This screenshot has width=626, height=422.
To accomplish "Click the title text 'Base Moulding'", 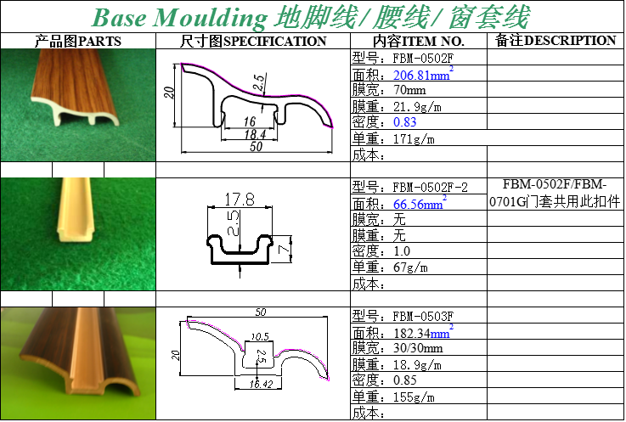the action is coord(179,17).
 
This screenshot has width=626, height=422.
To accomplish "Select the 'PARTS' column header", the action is coord(99,41).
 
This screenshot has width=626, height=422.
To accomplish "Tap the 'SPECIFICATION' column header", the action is coord(274,41).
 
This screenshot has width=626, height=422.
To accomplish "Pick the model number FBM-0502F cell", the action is coord(423,59).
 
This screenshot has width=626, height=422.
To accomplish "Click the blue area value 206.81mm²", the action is coord(423,74).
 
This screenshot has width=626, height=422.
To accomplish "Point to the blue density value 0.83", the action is coord(405,121).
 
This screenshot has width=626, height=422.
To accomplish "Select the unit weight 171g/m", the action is coord(414,139).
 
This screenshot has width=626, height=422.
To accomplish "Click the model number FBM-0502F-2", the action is coord(430,188).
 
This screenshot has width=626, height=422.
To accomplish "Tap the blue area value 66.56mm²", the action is coord(420,203).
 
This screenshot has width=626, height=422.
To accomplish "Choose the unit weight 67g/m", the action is coord(410,267).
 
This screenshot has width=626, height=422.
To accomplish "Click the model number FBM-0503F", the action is coord(423,317).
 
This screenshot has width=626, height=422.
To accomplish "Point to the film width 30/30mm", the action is coord(418,348).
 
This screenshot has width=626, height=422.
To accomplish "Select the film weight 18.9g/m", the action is coord(417,364).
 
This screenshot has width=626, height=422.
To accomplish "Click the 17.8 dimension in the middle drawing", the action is coord(240,199).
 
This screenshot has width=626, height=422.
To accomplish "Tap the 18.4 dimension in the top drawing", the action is coord(255,134).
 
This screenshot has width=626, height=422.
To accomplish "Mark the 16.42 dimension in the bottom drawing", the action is coord(261,384).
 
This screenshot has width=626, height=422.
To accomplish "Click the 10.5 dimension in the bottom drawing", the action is coord(260,336).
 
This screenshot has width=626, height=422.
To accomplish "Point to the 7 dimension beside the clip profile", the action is coord(284,250).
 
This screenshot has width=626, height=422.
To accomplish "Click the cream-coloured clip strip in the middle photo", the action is coord(76,210).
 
